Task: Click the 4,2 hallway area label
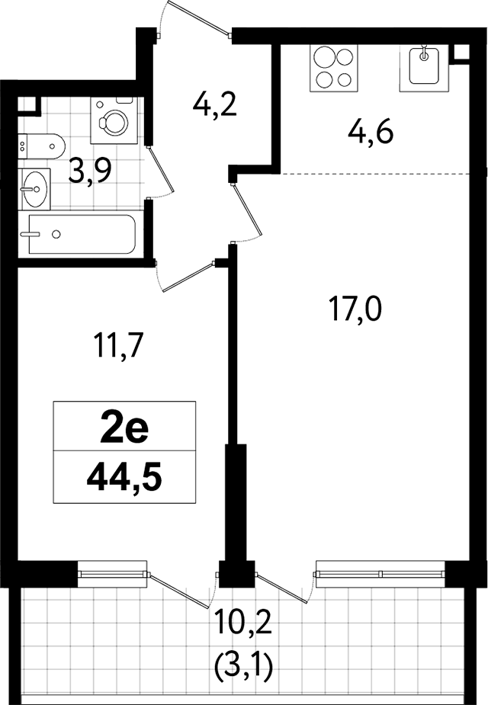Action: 214,106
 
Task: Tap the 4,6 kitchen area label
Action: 371,133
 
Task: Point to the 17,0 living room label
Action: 355,309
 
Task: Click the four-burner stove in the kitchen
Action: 334,68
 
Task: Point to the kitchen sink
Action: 424,68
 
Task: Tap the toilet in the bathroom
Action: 42,146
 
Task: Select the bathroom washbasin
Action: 34,189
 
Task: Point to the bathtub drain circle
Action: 56,234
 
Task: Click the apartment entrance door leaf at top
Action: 197,16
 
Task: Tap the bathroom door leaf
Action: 162,169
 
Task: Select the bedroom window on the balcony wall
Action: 112,574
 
